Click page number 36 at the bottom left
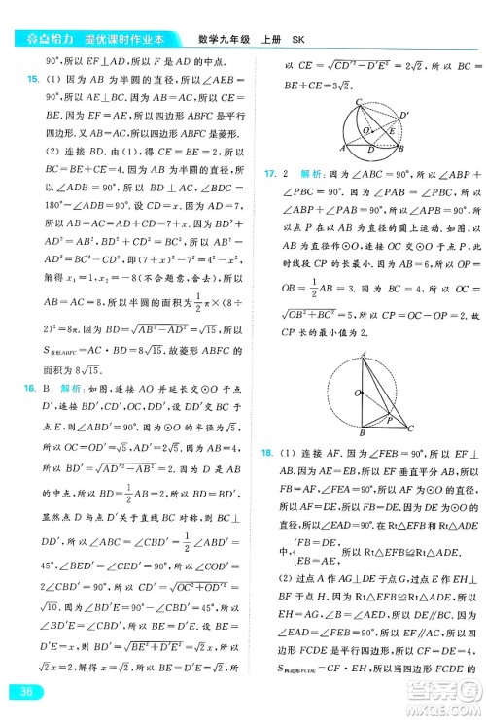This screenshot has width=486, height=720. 21,691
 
